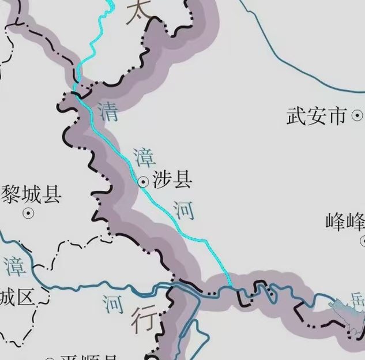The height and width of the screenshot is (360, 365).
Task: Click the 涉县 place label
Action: coord(172,181)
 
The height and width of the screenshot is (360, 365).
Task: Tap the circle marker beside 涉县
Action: coord(144,182)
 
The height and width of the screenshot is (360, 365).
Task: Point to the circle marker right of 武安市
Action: coord(358,117)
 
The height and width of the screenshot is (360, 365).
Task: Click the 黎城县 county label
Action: coord(31,195)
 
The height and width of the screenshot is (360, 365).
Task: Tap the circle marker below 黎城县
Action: coord(27,213)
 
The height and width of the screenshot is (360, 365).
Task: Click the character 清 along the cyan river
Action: coord(108,111)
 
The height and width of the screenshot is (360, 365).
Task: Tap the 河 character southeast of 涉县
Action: coord(184,210)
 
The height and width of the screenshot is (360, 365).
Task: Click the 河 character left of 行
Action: coord(114,302)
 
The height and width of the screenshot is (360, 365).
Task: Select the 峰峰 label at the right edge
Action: coord(345,222)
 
